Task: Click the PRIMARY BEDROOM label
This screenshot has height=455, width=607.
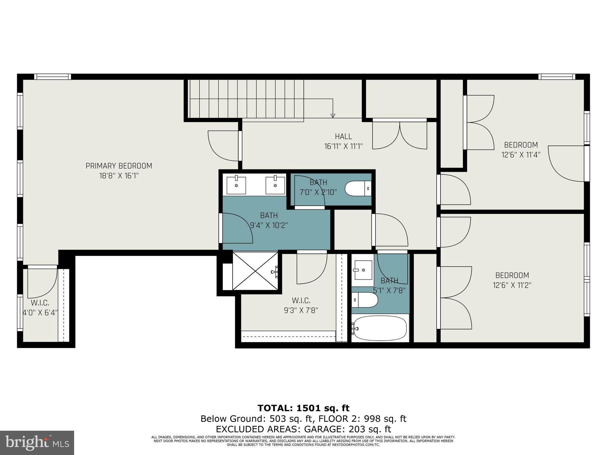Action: [119, 166]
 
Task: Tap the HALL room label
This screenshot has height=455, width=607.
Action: [343, 137]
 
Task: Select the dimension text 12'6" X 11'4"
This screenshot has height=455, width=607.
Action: [521, 155]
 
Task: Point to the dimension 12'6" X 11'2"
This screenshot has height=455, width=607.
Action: [512, 285]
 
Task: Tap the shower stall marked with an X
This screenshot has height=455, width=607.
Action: [255, 271]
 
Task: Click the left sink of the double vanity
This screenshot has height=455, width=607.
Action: [236, 185]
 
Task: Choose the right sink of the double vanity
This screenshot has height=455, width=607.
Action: [275, 185]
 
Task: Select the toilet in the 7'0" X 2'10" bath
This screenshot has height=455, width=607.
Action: [357, 188]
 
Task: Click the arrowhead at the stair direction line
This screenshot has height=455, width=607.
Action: [333, 116]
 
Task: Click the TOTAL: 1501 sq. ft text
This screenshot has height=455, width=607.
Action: [303, 408]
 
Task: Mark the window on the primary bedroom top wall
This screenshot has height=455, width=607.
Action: [52, 77]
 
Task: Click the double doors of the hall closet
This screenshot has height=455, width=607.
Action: [400, 135]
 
